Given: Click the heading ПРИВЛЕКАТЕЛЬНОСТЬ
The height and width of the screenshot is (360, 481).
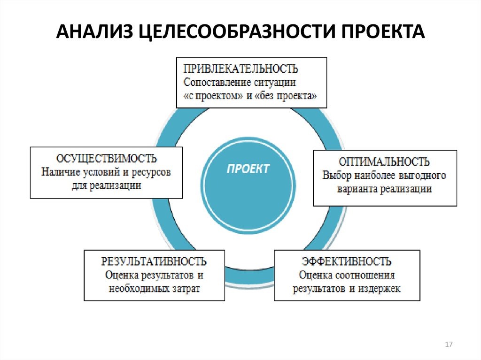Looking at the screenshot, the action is tap(240, 69).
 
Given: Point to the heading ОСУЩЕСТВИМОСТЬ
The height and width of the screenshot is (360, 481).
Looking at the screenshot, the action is tap(107, 159).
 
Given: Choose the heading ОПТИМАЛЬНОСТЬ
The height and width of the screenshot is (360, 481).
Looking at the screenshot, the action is tap(384, 162).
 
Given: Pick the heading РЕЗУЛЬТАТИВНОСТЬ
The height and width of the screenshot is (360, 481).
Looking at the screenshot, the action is tap(154, 261).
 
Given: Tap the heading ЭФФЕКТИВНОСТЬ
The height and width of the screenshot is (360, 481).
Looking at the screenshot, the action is tap(347, 261).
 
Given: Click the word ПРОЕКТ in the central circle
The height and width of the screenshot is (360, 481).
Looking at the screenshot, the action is tap(248, 169).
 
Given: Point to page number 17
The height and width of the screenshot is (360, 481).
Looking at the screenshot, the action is tap(448, 345).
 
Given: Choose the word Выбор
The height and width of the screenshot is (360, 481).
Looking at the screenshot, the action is tap(335, 176).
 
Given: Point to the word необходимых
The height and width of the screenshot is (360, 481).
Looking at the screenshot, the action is tap(139, 288).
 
